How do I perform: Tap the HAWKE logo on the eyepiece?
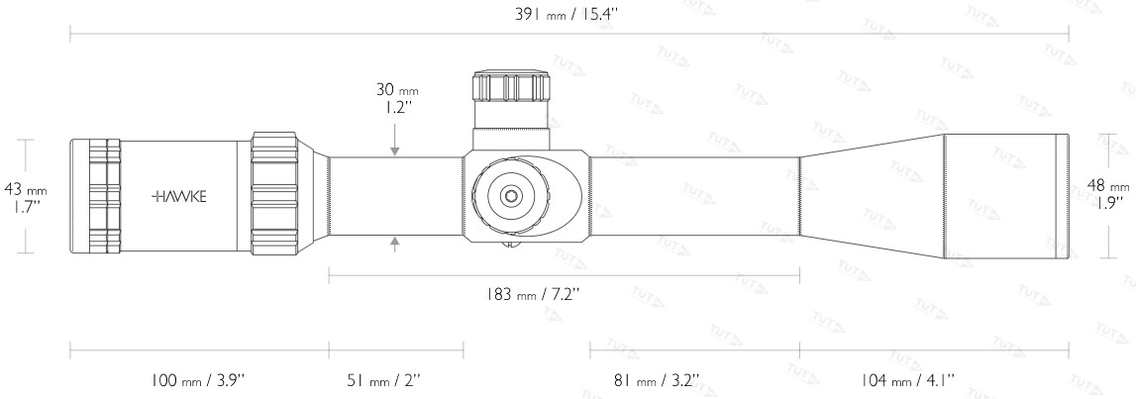[x=179, y=196]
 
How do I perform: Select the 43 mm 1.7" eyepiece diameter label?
[x=26, y=198]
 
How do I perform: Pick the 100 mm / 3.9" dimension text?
[x=198, y=379]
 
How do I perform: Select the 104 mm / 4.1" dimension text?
[x=906, y=379]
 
